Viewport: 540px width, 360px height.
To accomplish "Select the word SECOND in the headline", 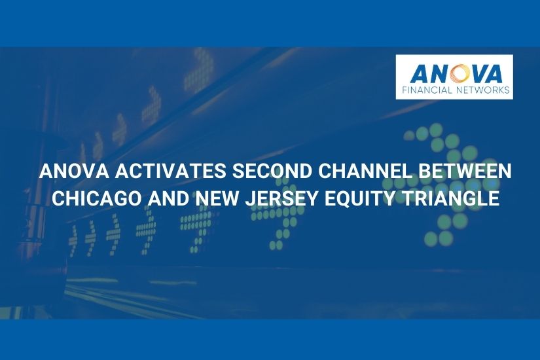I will (266, 172).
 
